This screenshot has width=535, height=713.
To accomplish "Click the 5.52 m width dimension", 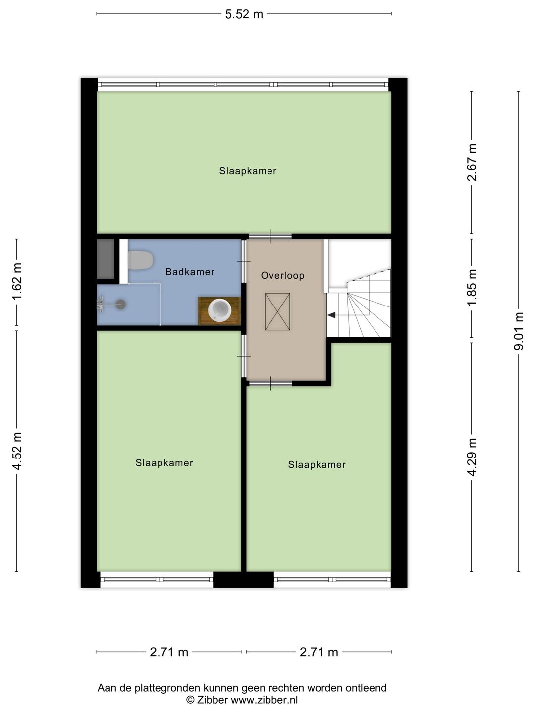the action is coord(244,14).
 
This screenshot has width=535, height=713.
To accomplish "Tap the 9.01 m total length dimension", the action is coord(519,331).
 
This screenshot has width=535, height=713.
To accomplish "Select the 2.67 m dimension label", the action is coord(472,162).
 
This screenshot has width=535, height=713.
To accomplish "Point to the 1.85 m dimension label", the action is coord(472,287).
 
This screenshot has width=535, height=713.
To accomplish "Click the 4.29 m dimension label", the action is coord(472,458).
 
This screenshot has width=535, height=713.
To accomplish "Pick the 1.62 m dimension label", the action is coord(17,282).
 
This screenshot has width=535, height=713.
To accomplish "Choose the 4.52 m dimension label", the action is coord(17,451).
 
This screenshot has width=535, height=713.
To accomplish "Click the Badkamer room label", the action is coord(190,272).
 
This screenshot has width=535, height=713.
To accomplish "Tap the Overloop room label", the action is coord(282,276).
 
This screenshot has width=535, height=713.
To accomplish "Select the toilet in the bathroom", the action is coord(140,260).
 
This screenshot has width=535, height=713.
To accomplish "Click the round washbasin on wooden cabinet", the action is coord(219,309).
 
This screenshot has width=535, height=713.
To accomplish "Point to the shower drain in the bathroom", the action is coord(121,305).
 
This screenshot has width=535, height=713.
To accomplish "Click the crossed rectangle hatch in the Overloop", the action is coord(277,312).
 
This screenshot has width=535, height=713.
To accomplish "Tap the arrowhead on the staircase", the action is coord(331,315).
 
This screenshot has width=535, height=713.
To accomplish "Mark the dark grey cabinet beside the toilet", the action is coord(106,259).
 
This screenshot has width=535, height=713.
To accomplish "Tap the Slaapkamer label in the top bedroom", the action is coord(248,171).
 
